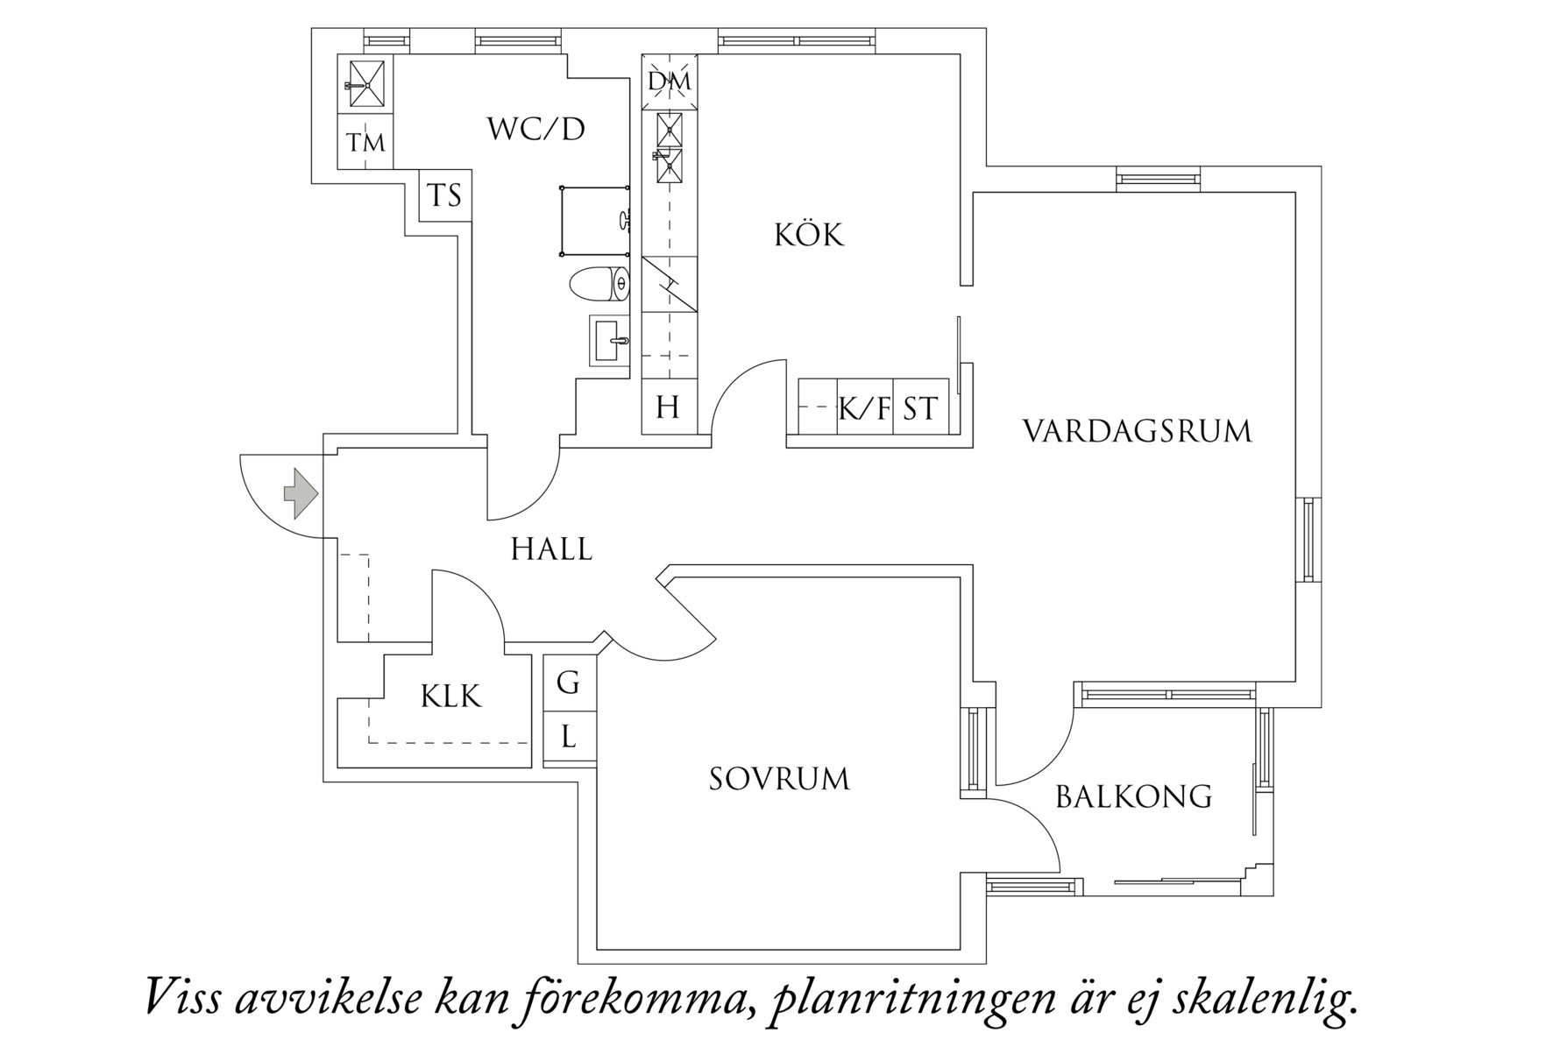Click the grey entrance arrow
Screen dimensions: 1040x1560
(x=301, y=493)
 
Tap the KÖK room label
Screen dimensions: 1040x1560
(x=808, y=235)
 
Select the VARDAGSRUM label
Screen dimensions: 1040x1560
(x=1137, y=431)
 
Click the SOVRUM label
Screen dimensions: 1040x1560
(x=779, y=779)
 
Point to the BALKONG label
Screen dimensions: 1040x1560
(x=1133, y=796)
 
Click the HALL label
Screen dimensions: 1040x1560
(x=551, y=549)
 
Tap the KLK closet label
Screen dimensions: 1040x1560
(x=450, y=697)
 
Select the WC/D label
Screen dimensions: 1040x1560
(x=535, y=130)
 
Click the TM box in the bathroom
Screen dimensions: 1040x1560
(x=365, y=141)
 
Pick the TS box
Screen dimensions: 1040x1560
(x=444, y=195)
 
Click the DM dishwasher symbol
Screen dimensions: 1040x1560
(x=670, y=82)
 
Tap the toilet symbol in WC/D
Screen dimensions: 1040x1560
(x=599, y=285)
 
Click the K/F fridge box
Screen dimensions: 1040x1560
(x=864, y=407)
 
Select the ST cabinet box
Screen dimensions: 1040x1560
(x=919, y=407)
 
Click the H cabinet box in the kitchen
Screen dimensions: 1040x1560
(x=668, y=407)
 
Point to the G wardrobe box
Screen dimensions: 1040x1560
(x=569, y=682)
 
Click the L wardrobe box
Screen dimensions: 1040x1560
(x=569, y=736)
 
